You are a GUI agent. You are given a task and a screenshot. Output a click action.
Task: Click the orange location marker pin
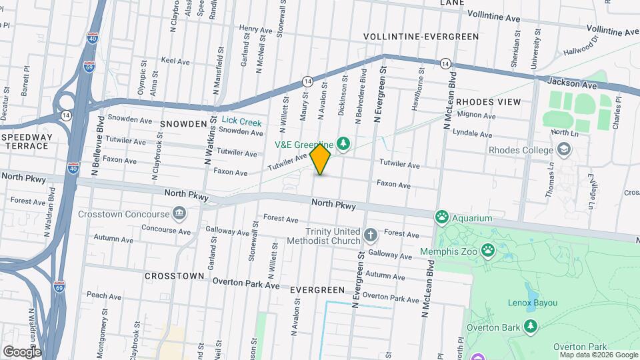(x=320, y=159)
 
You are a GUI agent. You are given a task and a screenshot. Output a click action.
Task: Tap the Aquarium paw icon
(x=441, y=217)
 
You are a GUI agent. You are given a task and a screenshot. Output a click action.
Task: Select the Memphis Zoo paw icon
(x=489, y=251)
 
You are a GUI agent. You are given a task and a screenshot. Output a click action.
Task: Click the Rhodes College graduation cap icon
(x=565, y=149)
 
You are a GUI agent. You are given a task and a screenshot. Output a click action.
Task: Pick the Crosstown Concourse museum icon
(x=179, y=214)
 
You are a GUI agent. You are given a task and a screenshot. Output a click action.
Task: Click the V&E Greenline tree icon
(x=344, y=143)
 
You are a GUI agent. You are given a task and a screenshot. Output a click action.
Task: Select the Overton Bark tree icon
(x=531, y=327)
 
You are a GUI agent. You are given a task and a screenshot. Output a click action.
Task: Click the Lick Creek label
(x=241, y=121)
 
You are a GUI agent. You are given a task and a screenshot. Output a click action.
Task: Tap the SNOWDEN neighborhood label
(x=183, y=124)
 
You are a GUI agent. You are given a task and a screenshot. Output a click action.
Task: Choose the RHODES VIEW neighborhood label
(x=489, y=102)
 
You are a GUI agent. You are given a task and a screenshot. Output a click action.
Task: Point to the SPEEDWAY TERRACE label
(x=27, y=141)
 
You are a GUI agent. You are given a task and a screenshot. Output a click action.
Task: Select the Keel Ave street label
(x=176, y=61)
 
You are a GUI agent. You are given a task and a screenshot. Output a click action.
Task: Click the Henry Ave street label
(x=257, y=29)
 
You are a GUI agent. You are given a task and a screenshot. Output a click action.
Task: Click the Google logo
(x=22, y=351)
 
